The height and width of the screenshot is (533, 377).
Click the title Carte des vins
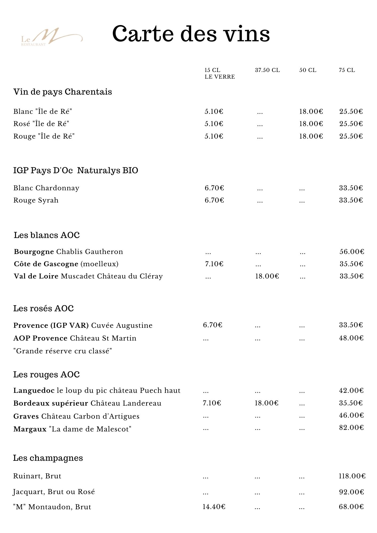[x=191, y=34]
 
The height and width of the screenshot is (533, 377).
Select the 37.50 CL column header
[x=267, y=70]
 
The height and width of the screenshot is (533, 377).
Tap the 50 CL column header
[x=308, y=70]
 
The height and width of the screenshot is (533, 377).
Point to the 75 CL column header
[x=347, y=70]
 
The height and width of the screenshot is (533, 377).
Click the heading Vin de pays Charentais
[x=63, y=92]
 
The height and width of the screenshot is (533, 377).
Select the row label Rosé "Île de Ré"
[x=41, y=124]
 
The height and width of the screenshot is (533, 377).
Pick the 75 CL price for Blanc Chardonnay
[x=351, y=188]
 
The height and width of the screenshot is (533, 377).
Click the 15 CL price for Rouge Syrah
[x=214, y=200]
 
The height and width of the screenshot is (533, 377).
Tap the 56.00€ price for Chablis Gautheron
[x=352, y=252]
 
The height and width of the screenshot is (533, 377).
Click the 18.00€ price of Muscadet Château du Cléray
[x=267, y=276]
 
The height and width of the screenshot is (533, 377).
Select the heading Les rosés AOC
[x=43, y=308]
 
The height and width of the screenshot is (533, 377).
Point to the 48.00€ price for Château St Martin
[x=351, y=338]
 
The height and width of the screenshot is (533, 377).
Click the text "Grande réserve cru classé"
[x=63, y=351]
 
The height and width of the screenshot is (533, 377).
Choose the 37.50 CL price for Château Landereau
[x=266, y=403]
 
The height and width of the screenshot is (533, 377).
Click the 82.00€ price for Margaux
[x=351, y=427]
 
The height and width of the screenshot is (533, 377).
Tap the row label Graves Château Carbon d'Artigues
[x=76, y=416]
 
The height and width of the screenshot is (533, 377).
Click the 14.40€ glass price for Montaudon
[x=214, y=507]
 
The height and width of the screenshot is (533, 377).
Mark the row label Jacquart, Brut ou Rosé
[x=54, y=492]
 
